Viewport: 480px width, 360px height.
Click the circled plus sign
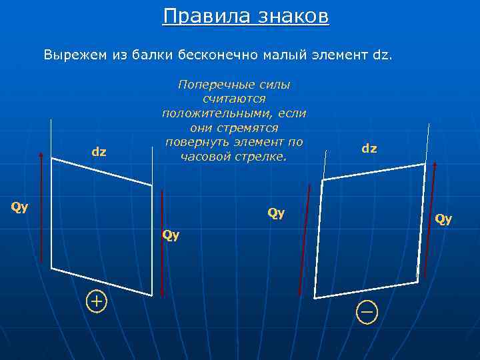[97, 302]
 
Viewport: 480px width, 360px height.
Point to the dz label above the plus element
[99, 152]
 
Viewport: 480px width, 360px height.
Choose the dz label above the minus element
[369, 149]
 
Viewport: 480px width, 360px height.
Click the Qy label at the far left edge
[20, 207]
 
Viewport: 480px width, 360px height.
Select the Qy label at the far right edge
[443, 218]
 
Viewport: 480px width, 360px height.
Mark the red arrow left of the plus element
[41, 207]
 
